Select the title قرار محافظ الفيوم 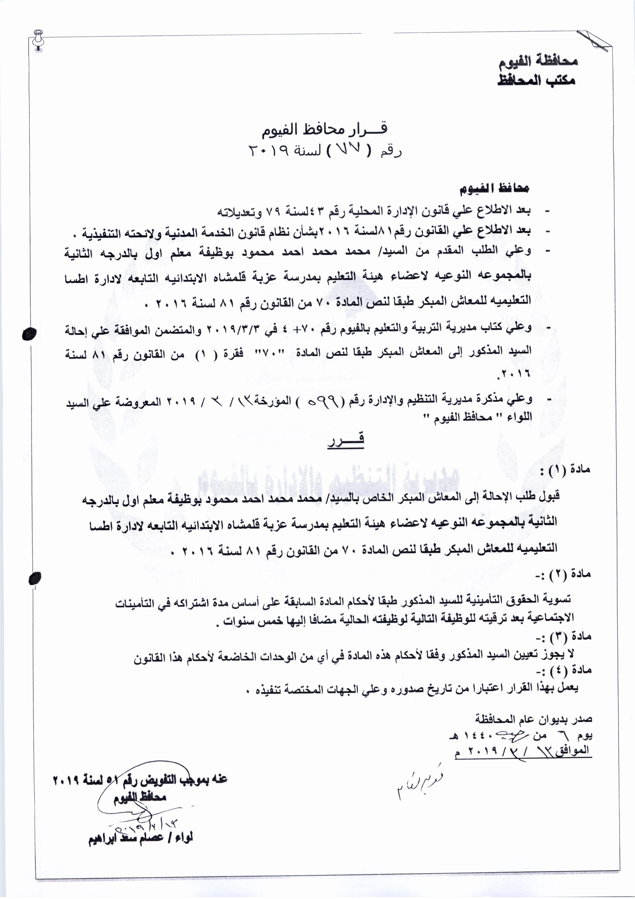pos(324,129)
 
